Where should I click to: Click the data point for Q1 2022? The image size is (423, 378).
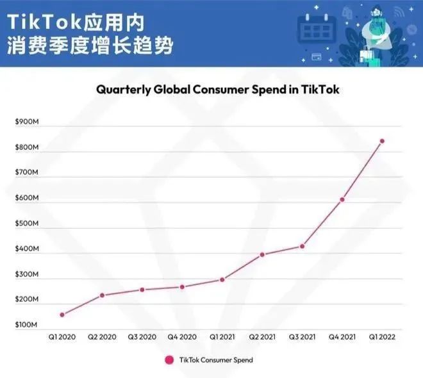pos(382,141)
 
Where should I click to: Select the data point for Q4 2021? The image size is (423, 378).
pos(342,199)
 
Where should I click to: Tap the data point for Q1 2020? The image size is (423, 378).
pos(62,315)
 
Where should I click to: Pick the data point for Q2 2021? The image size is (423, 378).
pos(262,254)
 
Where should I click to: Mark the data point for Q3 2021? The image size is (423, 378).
pos(302,246)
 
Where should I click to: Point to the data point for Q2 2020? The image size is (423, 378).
pos(102,295)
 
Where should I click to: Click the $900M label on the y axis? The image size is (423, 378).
pos(26,122)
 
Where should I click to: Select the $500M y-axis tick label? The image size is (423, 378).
pos(26,224)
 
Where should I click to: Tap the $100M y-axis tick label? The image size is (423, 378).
pos(26,325)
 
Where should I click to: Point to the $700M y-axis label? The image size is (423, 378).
pos(26,173)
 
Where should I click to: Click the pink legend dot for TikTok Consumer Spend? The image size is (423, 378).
pos(169,360)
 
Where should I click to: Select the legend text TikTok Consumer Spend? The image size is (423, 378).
pos(216,360)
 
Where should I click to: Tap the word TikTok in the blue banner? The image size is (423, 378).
pos(42,22)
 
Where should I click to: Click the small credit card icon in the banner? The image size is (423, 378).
pos(316,56)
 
